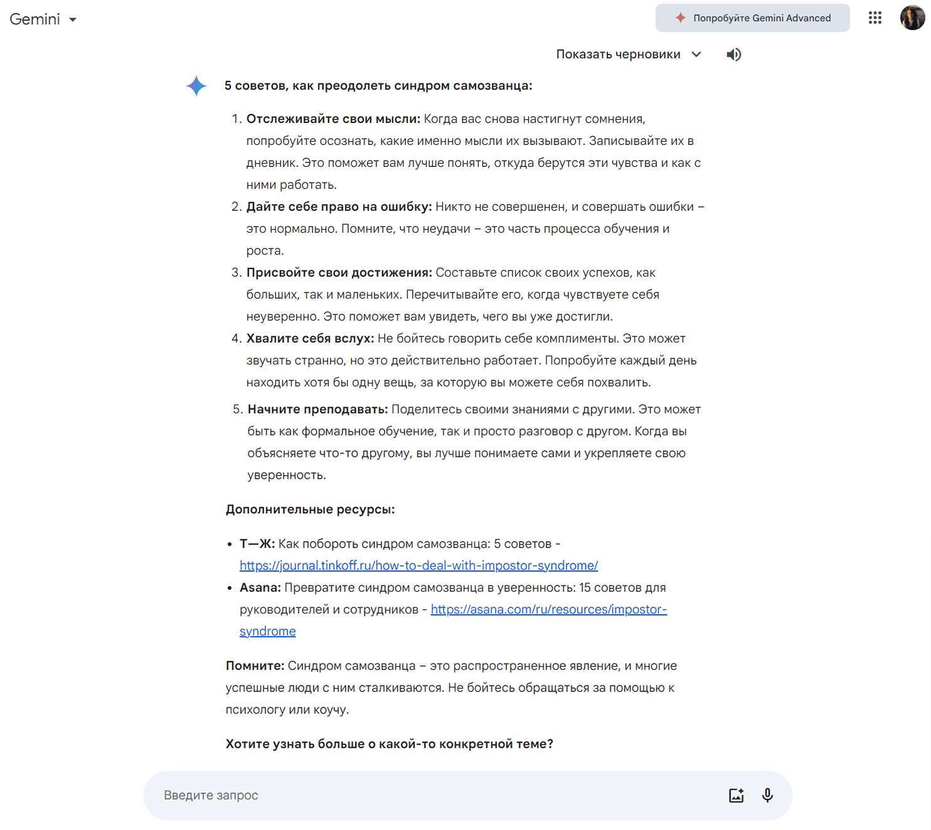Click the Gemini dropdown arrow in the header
[x=73, y=20]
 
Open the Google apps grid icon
[x=875, y=18]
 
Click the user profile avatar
[x=912, y=18]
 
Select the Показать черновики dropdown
[x=628, y=55]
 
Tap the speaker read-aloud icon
[x=733, y=55]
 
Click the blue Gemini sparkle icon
[x=196, y=86]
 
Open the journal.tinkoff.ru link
[x=418, y=566]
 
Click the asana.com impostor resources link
[x=548, y=610]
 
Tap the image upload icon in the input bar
[x=736, y=795]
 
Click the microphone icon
[x=767, y=795]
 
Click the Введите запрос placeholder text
[x=211, y=795]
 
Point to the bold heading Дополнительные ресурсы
[x=310, y=509]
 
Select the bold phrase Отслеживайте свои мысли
[x=332, y=119]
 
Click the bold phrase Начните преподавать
[x=317, y=410]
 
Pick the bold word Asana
[x=260, y=588]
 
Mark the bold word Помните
[x=255, y=666]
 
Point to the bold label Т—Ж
[x=257, y=544]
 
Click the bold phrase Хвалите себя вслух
[x=310, y=339]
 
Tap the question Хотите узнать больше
[x=389, y=744]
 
